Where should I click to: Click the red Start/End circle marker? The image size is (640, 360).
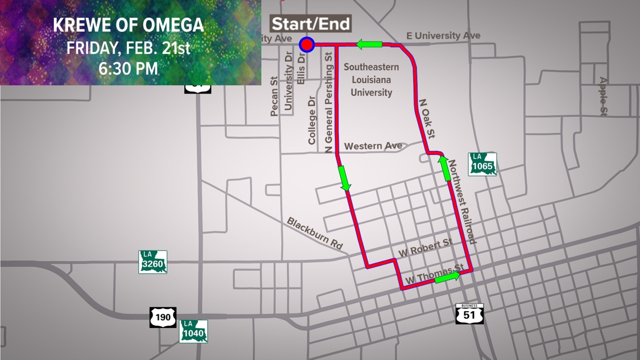[x=307, y=44]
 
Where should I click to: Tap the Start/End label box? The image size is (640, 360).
[x=311, y=24]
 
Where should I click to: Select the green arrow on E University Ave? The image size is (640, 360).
[x=368, y=44]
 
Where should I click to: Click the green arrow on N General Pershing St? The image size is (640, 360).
[x=344, y=178]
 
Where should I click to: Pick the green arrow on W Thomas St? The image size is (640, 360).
[x=447, y=277]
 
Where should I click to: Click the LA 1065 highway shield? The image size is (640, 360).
[x=483, y=163]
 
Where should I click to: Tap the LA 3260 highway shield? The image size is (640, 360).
[x=153, y=262]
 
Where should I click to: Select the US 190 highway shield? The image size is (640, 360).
[x=163, y=317]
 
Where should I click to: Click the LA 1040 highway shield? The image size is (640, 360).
[x=194, y=331]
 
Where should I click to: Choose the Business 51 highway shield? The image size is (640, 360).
[x=469, y=313]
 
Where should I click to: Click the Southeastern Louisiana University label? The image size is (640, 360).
[x=371, y=80]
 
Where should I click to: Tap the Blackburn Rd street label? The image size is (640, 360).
[x=315, y=233]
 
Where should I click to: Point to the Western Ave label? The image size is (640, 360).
[x=373, y=146]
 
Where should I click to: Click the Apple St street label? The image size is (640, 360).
[x=602, y=97]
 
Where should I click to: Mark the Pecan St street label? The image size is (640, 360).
[x=275, y=97]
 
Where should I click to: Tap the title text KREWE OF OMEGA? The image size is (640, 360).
[x=129, y=26]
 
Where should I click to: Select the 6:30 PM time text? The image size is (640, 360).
[x=129, y=69]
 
